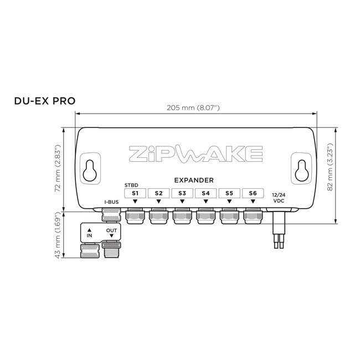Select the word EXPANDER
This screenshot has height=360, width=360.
click(194, 180)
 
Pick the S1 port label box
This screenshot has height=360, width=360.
click(135, 193)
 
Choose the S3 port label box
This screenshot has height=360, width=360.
click(182, 193)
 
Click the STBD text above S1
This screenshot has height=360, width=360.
click(131, 184)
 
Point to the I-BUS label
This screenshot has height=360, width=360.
click(112, 203)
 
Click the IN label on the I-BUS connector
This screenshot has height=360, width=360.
click(90, 232)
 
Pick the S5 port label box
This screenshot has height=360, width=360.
click(229, 193)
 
